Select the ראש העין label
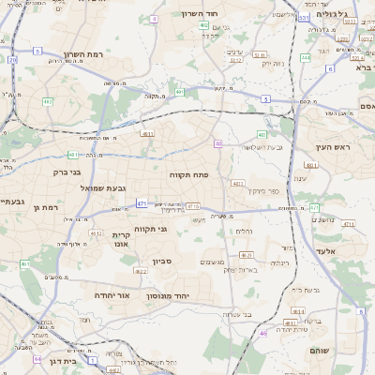[332, 148]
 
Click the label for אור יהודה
[112, 294]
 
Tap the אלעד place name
[349, 251]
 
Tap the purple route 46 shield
[263, 333]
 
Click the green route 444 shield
[306, 58]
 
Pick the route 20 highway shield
[13, 60]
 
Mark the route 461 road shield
[25, 265]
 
